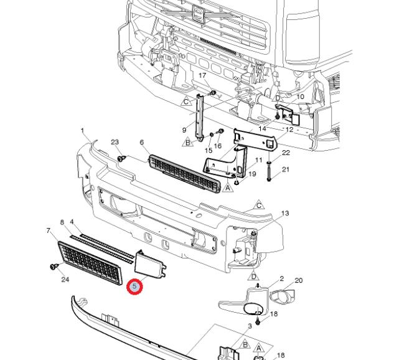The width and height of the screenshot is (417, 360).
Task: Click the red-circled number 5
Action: pyautogui.click(x=135, y=287)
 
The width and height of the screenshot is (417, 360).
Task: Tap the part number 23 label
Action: pyautogui.click(x=115, y=143)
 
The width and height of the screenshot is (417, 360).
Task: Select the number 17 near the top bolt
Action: pyautogui.click(x=202, y=75)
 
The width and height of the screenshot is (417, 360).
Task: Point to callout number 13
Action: pyautogui.click(x=285, y=214)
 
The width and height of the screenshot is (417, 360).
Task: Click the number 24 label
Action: pyautogui.click(x=65, y=280)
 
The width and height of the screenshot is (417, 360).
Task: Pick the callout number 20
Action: pyautogui.click(x=298, y=280)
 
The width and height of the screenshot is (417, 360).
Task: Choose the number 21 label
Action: pyautogui.click(x=286, y=169)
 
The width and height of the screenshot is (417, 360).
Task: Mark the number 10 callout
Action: pyautogui.click(x=300, y=97)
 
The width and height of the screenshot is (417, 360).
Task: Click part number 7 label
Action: pyautogui.click(x=48, y=231)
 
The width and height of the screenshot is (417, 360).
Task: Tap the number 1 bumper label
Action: pyautogui.click(x=82, y=131)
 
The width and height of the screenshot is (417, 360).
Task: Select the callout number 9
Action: pyautogui.click(x=184, y=130)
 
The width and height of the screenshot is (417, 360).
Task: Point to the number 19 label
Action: pyautogui.click(x=252, y=174)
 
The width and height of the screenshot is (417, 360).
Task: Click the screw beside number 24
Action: pyautogui.click(x=52, y=267)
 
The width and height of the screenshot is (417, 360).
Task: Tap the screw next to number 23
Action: pyautogui.click(x=122, y=158)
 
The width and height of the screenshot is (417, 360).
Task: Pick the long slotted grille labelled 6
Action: pyautogui.click(x=184, y=174)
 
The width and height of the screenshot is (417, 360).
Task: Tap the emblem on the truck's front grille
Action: pyautogui.click(x=198, y=16)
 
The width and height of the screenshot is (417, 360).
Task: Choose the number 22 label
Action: pyautogui.click(x=286, y=153)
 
